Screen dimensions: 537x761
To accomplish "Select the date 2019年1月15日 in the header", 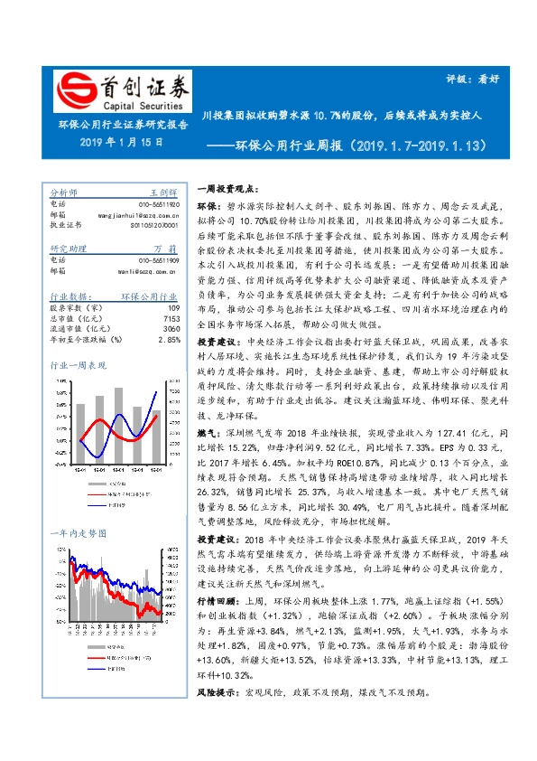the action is click(121, 142).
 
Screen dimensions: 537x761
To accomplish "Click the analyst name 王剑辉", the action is click(162, 193).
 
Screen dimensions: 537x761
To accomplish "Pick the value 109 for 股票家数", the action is click(174, 307).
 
